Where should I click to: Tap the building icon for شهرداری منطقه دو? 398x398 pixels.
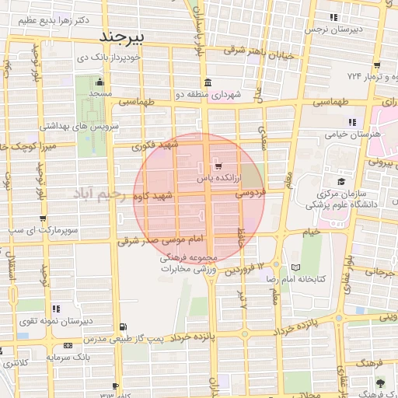click(207, 83)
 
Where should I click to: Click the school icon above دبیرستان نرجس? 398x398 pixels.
click(333, 17)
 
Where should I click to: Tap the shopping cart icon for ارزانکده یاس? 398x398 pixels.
click(217, 166)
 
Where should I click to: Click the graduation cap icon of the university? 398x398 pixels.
click(340, 181)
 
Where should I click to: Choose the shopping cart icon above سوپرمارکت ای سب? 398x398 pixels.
click(43, 219)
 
